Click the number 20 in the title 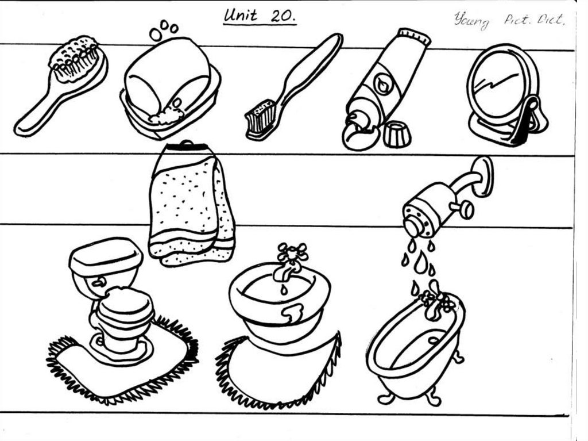click(x=283, y=16)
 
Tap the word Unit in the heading click(x=241, y=16)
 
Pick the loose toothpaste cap click(x=397, y=134)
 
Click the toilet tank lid click(x=106, y=255)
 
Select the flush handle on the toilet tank click(x=99, y=282)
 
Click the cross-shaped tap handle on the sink click(x=292, y=252)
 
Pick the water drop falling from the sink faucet click(x=284, y=289)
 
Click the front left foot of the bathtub click(x=386, y=397)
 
